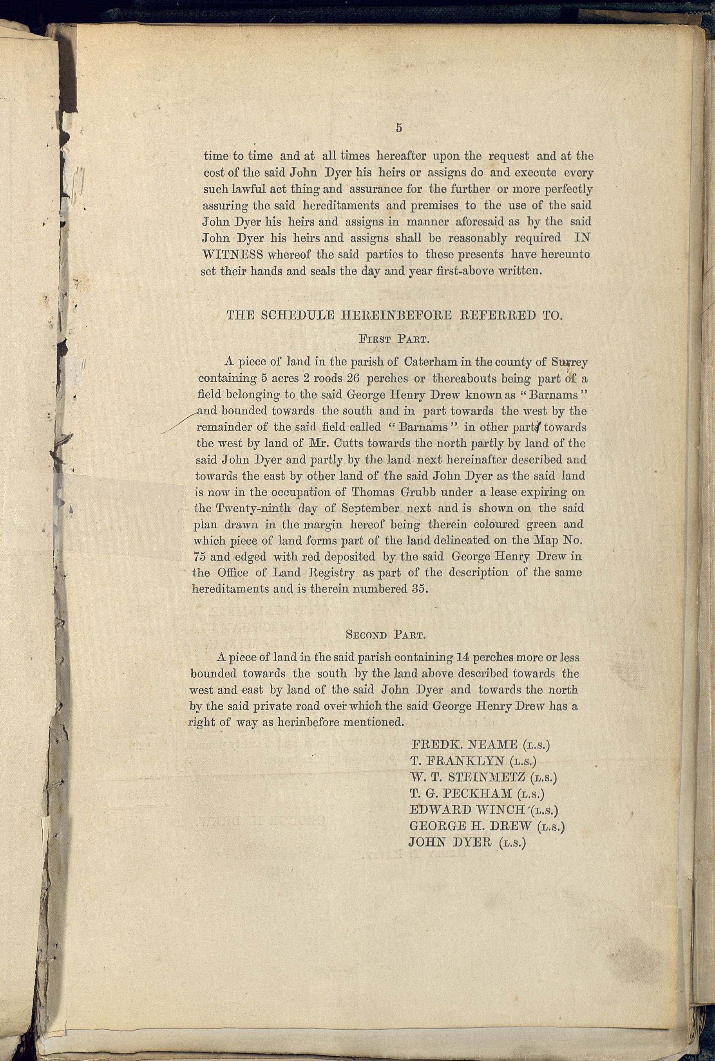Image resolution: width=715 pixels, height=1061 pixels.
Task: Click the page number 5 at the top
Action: point(399,128)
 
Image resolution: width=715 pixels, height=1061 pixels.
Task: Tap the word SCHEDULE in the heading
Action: point(298,315)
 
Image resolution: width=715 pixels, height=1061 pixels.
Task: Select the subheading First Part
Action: point(395,339)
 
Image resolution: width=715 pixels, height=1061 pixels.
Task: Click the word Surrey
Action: point(569,363)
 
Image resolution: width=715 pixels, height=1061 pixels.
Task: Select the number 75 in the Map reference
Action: point(200,557)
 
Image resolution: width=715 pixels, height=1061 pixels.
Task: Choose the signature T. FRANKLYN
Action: point(457,761)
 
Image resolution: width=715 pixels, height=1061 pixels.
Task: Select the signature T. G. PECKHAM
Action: point(461,794)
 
